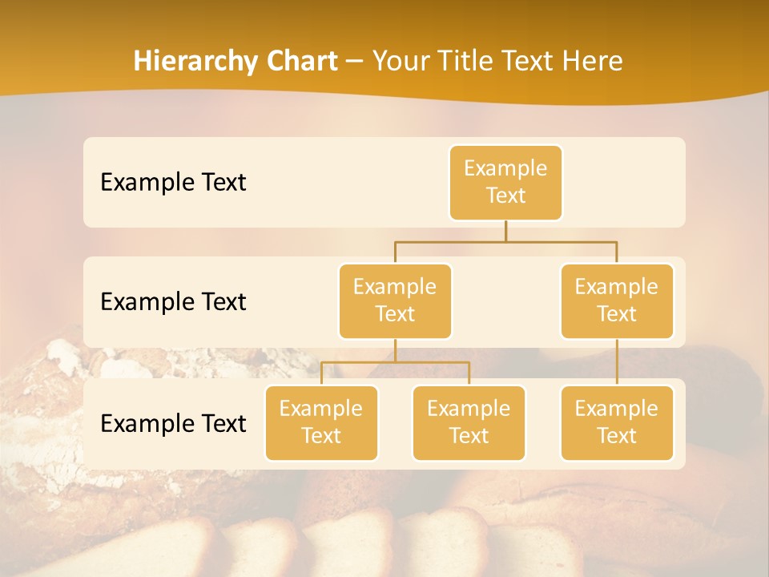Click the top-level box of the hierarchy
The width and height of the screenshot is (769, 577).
tap(505, 183)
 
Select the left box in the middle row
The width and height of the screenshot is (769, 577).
tap(395, 301)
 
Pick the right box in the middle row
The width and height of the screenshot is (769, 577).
tap(617, 301)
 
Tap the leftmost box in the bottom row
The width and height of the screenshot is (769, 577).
tap(321, 423)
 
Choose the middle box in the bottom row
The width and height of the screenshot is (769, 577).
tap(469, 423)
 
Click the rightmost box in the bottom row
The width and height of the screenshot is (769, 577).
tap(617, 423)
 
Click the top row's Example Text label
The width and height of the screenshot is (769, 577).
tap(173, 183)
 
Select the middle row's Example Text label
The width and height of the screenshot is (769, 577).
tap(173, 302)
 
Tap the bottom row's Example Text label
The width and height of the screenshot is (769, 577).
tap(173, 423)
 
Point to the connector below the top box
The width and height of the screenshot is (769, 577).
tap(505, 231)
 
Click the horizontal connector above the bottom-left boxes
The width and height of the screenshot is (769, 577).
tap(395, 362)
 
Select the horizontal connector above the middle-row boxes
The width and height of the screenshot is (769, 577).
tap(505, 241)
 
